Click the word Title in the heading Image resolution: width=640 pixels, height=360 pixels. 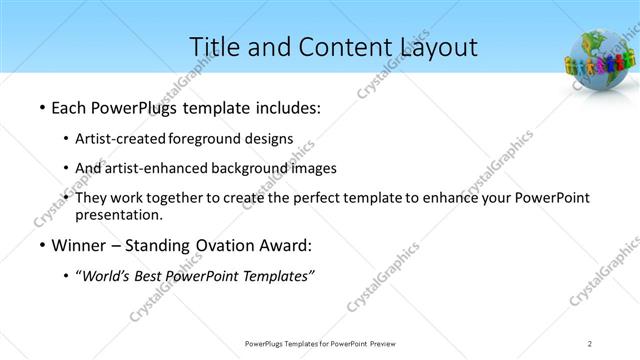215,47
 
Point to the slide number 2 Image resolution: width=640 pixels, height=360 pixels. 591,344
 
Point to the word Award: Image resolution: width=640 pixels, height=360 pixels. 288,245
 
